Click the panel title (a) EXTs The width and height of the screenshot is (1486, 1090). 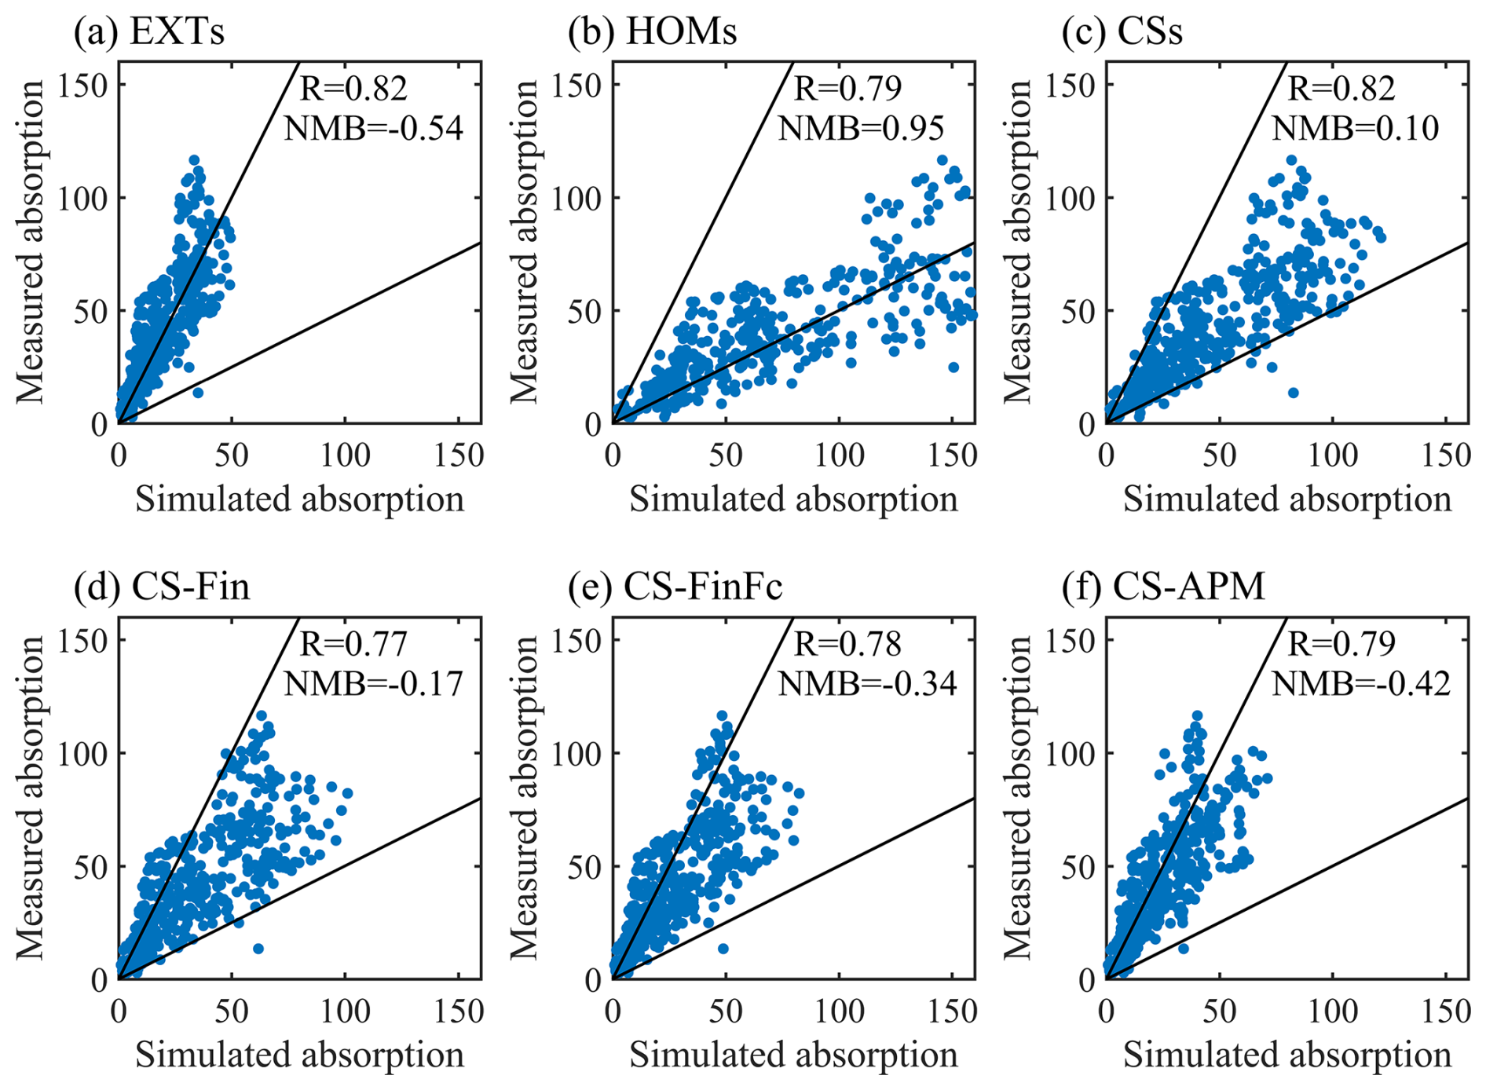pos(149,32)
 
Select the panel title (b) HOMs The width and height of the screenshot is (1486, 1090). pos(653,32)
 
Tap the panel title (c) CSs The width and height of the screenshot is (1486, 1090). pos(1122,32)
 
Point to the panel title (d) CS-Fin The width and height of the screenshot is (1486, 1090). pos(162,587)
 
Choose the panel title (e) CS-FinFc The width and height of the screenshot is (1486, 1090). pos(675,587)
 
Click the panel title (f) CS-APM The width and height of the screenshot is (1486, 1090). pos(1163,587)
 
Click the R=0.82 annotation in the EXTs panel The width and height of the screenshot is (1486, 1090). pos(353,89)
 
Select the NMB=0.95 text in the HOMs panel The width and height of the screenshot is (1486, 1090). pos(861,128)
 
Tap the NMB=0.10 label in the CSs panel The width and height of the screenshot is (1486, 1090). pos(1355,128)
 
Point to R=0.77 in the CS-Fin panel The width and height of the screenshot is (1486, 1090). pos(353,645)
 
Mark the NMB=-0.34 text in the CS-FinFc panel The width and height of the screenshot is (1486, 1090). pos(867,684)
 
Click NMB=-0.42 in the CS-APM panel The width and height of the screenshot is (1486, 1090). pos(1360,684)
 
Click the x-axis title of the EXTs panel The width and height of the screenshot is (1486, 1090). pos(299,499)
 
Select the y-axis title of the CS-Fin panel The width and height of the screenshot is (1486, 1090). pos(31,798)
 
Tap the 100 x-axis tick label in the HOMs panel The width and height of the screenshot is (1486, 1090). pos(839,456)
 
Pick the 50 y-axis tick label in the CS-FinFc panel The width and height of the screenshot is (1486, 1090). pos(586,866)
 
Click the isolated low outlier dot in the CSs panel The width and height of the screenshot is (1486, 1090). pos(1293,393)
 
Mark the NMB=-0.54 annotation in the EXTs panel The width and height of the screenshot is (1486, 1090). pos(374,128)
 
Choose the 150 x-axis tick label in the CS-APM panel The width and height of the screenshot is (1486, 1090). pos(1445,1012)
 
